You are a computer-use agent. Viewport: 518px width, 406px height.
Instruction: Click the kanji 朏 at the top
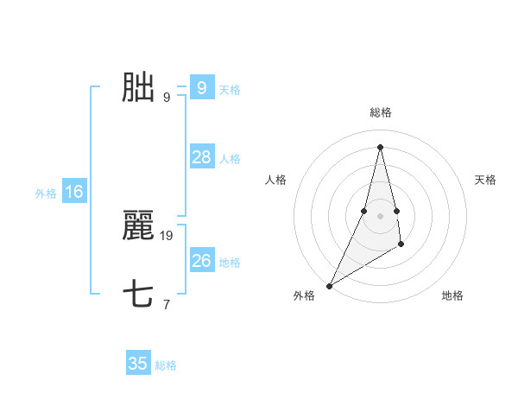tap(138, 88)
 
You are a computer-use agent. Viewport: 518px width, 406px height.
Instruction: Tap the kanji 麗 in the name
tap(138, 226)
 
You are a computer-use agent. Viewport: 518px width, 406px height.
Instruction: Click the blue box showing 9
tap(201, 88)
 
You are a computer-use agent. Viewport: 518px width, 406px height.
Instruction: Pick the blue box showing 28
tap(201, 157)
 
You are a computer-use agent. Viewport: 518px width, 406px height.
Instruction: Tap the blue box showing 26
tap(201, 261)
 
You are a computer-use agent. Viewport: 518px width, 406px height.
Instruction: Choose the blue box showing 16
tap(74, 192)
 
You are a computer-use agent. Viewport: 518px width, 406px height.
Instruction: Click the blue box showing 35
tap(138, 364)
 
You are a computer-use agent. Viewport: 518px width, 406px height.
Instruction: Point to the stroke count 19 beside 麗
tap(167, 235)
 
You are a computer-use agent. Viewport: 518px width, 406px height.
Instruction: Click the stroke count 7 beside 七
tap(167, 304)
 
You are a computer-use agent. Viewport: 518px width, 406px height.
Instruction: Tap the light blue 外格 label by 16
tap(46, 193)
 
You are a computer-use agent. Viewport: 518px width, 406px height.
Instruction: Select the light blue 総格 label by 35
tap(166, 365)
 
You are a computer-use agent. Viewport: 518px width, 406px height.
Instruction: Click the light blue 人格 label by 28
tap(230, 159)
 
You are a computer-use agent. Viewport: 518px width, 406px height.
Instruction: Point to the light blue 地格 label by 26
tap(230, 263)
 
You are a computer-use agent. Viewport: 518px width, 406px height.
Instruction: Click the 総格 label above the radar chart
tap(381, 112)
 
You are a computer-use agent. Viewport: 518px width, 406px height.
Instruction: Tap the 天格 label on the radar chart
tap(486, 180)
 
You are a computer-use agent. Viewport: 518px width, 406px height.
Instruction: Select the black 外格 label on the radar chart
tap(304, 295)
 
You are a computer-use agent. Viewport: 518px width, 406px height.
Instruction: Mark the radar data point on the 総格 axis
tap(381, 146)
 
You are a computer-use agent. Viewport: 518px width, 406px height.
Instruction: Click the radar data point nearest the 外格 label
tap(330, 285)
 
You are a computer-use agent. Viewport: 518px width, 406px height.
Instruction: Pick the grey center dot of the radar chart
tap(381, 215)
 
